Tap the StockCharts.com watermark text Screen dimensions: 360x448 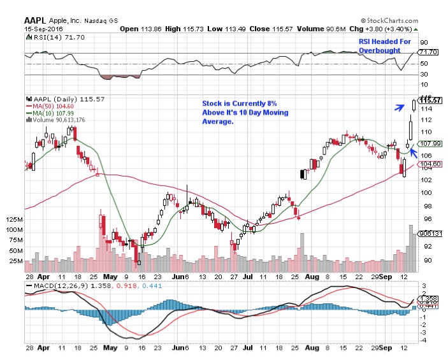(x=401, y=20)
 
